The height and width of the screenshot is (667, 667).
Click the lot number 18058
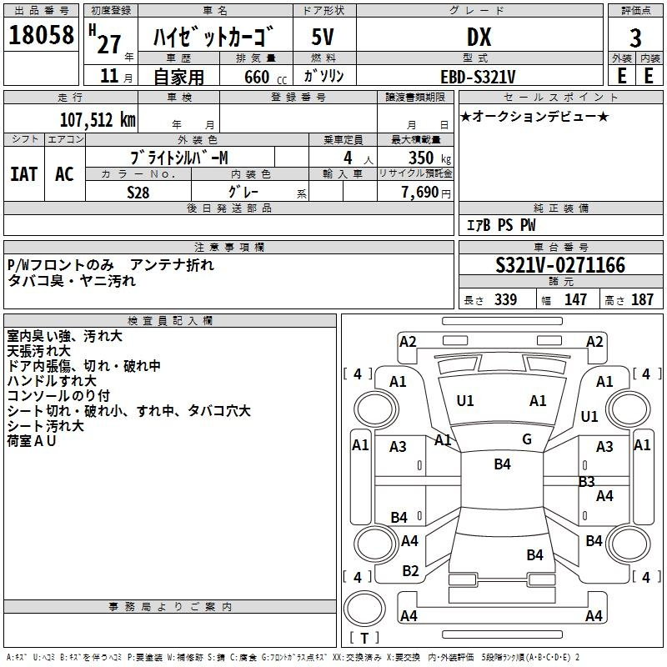click(41, 35)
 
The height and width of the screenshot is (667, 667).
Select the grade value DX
click(479, 37)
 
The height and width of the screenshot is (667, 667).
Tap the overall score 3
click(635, 38)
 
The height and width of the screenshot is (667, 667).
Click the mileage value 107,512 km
click(98, 120)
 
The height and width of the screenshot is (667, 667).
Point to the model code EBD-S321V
click(478, 77)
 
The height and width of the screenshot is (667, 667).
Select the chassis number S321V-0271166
click(560, 265)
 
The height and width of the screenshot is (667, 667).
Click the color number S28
click(138, 193)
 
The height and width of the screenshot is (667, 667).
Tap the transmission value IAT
click(24, 174)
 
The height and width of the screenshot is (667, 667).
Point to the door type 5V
click(323, 37)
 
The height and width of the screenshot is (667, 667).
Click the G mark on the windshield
click(527, 439)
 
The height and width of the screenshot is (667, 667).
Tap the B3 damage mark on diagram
click(587, 482)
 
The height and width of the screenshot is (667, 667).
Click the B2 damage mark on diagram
click(410, 571)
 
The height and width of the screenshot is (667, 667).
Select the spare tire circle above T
click(364, 609)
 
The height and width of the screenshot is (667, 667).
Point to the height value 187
click(642, 299)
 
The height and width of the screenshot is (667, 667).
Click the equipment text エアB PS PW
click(501, 225)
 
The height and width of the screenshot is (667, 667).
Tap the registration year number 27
click(109, 44)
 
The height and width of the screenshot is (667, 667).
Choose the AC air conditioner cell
click(65, 174)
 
